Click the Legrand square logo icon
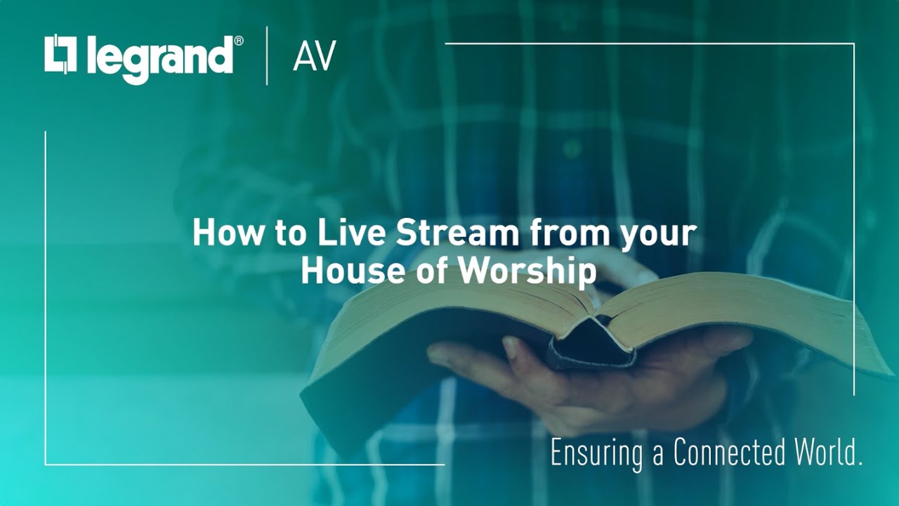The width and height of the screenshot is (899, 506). point(60,54)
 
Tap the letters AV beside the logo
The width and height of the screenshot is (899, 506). point(314,56)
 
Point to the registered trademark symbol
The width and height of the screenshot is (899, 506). point(239,41)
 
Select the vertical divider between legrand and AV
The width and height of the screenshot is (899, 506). point(267,56)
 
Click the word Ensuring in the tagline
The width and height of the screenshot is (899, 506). point(596,454)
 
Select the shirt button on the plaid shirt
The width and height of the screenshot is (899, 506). point(572,148)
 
